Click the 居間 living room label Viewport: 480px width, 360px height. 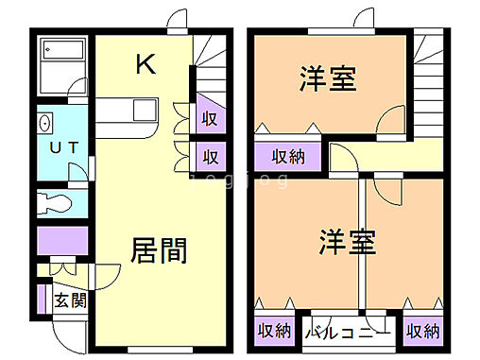tap(158, 250)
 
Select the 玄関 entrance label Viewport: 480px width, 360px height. tap(69, 301)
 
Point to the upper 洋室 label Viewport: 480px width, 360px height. tap(329, 79)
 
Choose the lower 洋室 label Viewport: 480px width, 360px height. tap(348, 242)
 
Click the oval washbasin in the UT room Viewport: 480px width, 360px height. tap(44, 124)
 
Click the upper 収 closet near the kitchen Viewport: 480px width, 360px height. tap(210, 118)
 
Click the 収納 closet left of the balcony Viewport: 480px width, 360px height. tap(273, 331)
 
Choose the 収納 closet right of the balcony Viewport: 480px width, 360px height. tap(422, 331)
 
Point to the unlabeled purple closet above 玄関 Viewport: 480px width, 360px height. tap(62, 242)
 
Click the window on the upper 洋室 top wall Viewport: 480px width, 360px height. tap(330, 33)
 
